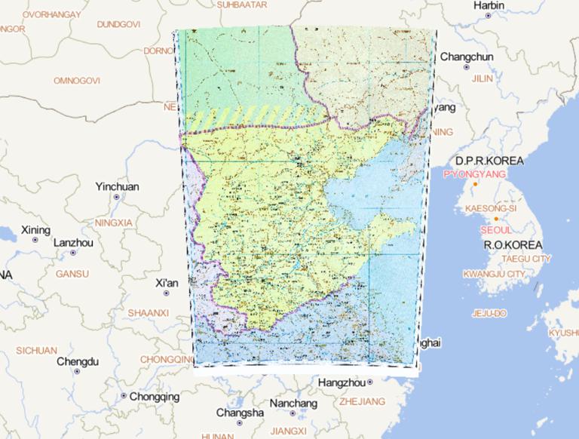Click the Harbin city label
point(489,5)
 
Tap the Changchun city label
point(467,57)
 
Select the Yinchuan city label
point(117,186)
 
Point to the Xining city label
point(35,229)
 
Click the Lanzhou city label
point(73,243)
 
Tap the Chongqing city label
point(155,396)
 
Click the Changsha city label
point(240,413)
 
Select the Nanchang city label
point(293,404)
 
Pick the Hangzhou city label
point(342,383)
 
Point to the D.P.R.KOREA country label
point(488,161)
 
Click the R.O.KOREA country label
point(513,246)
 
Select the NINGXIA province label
point(114,223)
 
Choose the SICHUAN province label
point(36,350)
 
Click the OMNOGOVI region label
point(77,80)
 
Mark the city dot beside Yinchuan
point(117,197)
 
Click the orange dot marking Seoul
point(496,219)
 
